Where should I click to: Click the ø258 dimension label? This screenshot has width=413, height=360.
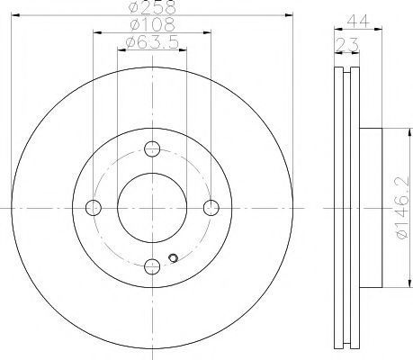(x=152, y=6)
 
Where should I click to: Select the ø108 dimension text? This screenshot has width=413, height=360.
(x=152, y=24)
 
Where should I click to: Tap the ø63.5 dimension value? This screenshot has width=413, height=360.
(x=152, y=42)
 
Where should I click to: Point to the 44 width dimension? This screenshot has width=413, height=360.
(x=358, y=21)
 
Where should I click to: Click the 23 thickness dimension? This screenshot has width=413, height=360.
(x=347, y=44)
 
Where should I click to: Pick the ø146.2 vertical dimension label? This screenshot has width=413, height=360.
(x=403, y=208)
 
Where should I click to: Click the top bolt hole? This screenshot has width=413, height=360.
(x=152, y=148)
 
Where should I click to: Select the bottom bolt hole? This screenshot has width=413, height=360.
(x=152, y=266)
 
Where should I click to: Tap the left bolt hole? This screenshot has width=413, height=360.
(x=94, y=208)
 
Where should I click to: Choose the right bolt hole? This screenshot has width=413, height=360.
(x=211, y=208)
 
